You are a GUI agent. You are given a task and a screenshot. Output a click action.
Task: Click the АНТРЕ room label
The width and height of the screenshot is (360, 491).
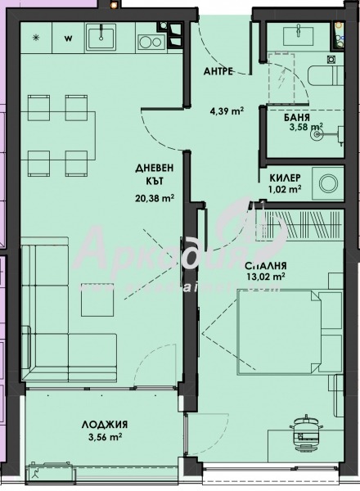point(219,71)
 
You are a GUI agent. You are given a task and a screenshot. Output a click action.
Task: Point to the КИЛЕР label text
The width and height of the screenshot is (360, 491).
point(286,177)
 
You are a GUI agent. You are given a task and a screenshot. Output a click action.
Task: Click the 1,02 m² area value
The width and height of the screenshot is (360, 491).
point(286,188)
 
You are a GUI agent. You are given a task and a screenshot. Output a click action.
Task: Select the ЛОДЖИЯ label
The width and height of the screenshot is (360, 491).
point(102,425)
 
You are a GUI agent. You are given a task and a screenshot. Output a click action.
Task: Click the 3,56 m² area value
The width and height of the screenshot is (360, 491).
point(102,438)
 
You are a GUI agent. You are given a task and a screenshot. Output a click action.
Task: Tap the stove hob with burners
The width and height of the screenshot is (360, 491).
point(151,38)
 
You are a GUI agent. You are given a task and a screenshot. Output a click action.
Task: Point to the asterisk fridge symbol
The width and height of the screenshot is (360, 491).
point(35,38)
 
